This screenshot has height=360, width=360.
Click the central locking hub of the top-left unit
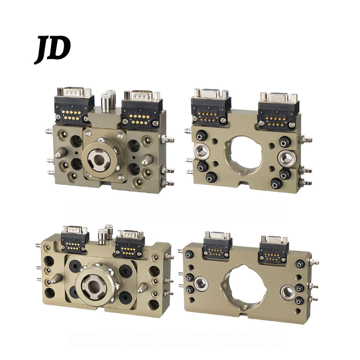(x=100, y=158)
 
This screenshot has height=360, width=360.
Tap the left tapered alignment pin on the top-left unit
(x=61, y=152)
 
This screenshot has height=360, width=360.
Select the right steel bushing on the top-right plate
(x=285, y=158)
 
